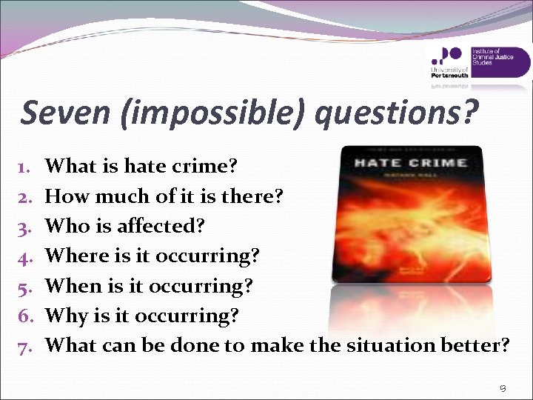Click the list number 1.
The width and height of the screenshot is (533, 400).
[24, 167]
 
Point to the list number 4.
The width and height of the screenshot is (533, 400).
[24, 256]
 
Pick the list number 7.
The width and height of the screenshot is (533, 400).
[24, 345]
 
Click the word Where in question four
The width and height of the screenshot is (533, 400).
[77, 256]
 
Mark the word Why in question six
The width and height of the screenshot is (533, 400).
[66, 316]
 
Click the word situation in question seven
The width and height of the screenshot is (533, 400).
[396, 345]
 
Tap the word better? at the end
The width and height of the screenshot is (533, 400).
[475, 345]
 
